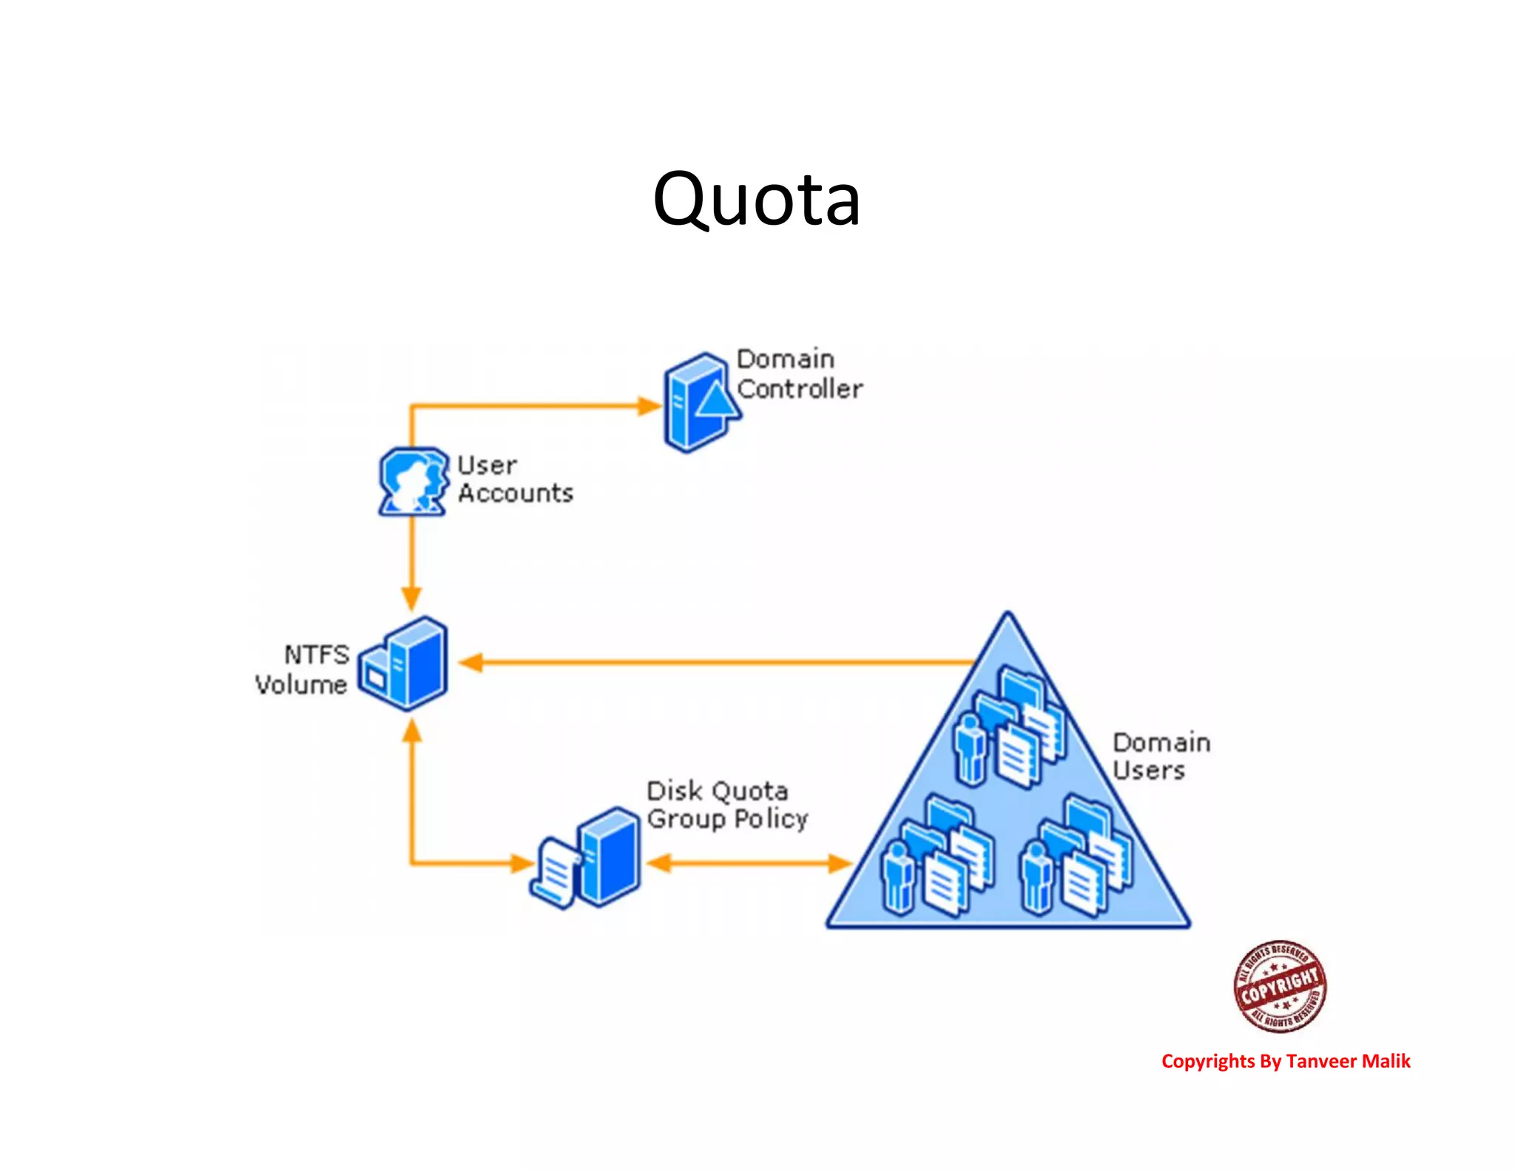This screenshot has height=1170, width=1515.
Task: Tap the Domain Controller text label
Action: pyautogui.click(x=799, y=374)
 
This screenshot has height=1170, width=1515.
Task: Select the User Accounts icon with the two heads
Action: pyautogui.click(x=413, y=481)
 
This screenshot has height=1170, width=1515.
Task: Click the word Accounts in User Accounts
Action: pyautogui.click(x=515, y=493)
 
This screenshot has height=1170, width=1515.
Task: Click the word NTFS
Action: pyautogui.click(x=317, y=655)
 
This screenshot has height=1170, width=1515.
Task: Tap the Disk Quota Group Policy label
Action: pyautogui.click(x=726, y=805)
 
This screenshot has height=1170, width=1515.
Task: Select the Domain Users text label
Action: pyautogui.click(x=1160, y=756)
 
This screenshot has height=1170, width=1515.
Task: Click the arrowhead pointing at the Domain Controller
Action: pyautogui.click(x=649, y=405)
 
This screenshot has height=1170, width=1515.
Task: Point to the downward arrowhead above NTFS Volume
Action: pyautogui.click(x=412, y=598)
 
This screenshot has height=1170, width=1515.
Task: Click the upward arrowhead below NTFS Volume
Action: pyautogui.click(x=412, y=731)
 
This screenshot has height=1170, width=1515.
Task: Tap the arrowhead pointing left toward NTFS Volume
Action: pyautogui.click(x=470, y=663)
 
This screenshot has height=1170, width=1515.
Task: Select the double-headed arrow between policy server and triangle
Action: pyautogui.click(x=749, y=863)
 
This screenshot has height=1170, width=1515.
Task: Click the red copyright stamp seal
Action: pyautogui.click(x=1279, y=986)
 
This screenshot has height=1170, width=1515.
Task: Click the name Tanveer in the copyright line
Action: pyautogui.click(x=1321, y=1061)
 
